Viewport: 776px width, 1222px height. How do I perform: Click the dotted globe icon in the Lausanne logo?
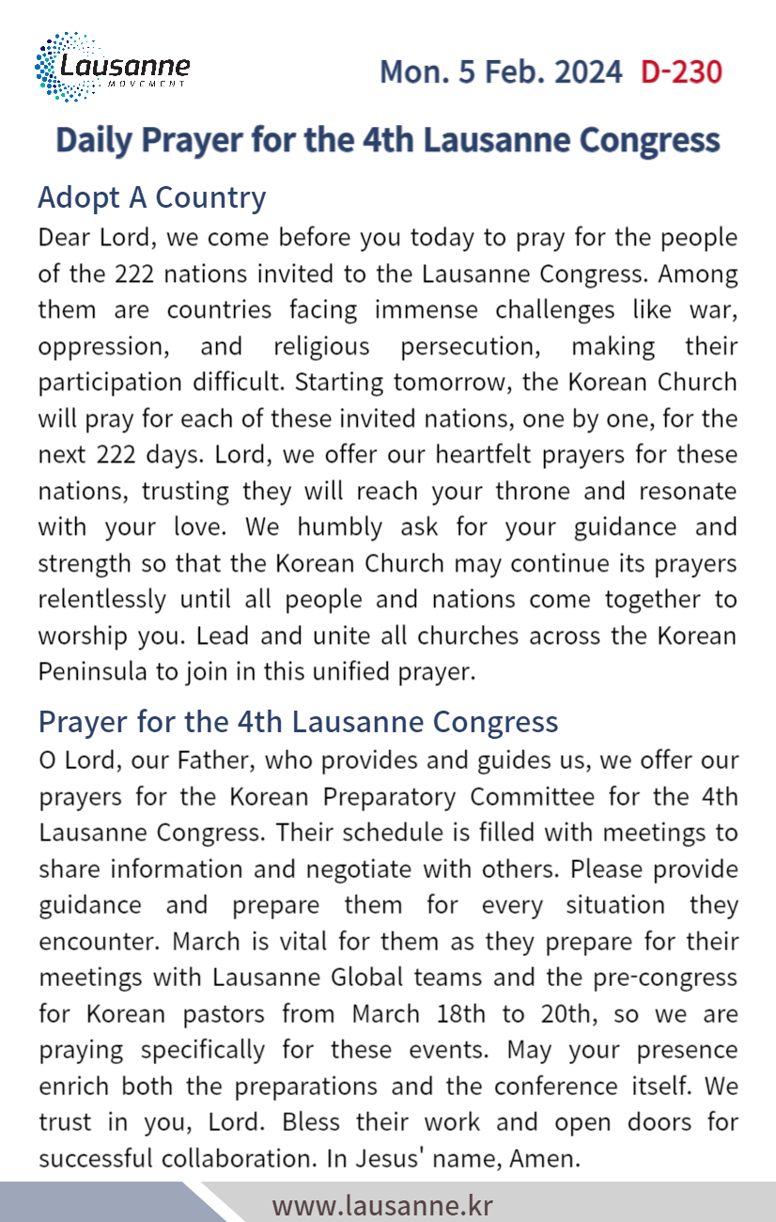click(x=58, y=66)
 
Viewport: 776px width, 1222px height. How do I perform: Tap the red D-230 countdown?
click(x=681, y=72)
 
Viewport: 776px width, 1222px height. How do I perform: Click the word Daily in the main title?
click(x=94, y=140)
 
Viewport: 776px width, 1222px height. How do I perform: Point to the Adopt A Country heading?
click(x=151, y=197)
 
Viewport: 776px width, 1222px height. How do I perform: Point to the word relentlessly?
click(x=101, y=600)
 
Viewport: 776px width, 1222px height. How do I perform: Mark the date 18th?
click(x=459, y=1014)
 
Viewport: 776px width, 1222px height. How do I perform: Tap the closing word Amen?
click(x=544, y=1158)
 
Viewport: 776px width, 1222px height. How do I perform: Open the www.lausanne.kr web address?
click(x=382, y=1205)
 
